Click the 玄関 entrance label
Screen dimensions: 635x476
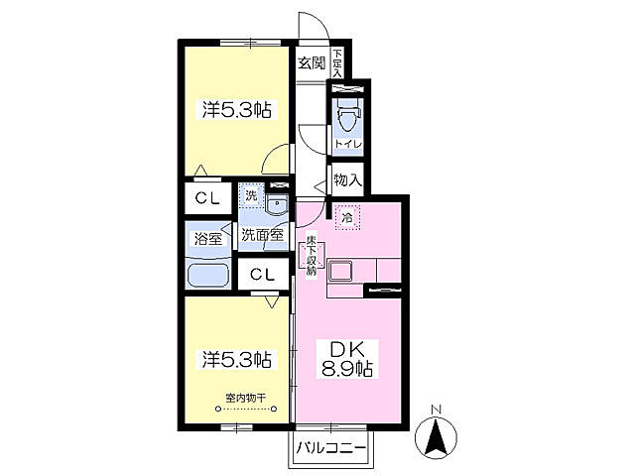point(312,62)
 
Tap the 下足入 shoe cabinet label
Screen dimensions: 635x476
point(337,63)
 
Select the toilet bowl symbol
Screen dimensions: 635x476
point(347,114)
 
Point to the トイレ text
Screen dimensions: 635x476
point(347,144)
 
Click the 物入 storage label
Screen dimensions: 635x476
point(347,179)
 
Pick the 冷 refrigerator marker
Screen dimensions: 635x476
point(347,218)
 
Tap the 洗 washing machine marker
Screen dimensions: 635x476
point(251,196)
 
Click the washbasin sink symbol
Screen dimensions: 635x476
point(277,203)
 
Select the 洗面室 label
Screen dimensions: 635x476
point(262,235)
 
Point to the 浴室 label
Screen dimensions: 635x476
point(208,239)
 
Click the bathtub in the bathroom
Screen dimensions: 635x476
point(208,276)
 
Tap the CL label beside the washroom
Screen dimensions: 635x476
point(207,198)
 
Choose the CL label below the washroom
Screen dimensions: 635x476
point(262,275)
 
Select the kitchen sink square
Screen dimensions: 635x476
point(339,271)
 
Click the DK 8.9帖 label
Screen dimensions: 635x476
point(347,359)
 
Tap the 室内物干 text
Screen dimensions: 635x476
point(245,399)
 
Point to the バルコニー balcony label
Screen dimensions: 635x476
point(331,448)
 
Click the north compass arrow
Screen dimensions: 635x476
point(437,438)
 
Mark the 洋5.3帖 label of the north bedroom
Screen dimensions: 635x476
point(237,109)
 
